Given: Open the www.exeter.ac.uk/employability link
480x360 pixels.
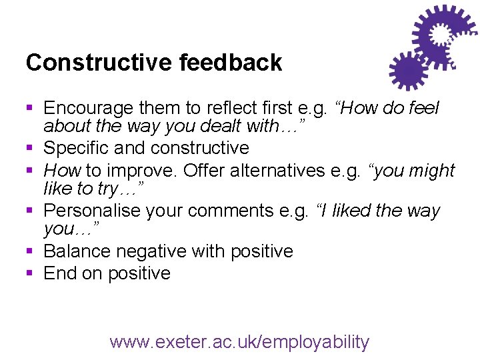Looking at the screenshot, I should (x=239, y=342).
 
